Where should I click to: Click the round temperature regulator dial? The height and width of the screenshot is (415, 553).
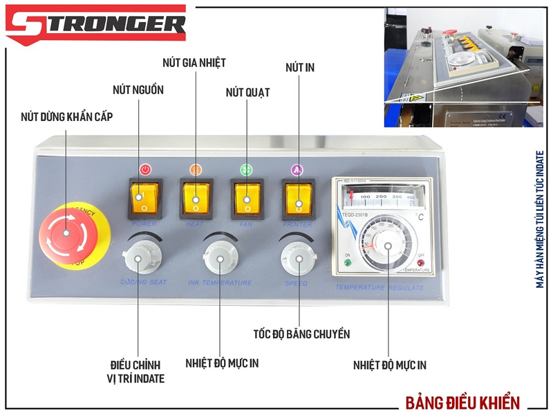click(388, 245)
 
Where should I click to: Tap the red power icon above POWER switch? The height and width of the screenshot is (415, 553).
click(145, 169)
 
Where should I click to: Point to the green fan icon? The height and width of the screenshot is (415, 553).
click(246, 169)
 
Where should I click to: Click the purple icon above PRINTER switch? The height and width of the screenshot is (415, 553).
click(297, 169)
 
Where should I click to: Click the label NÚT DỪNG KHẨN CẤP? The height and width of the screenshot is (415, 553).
click(67, 117)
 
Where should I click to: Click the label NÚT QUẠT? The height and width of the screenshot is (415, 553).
click(247, 92)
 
